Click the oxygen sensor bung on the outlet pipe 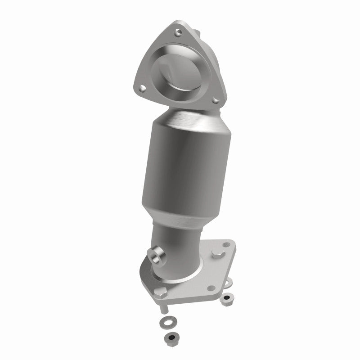157,256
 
